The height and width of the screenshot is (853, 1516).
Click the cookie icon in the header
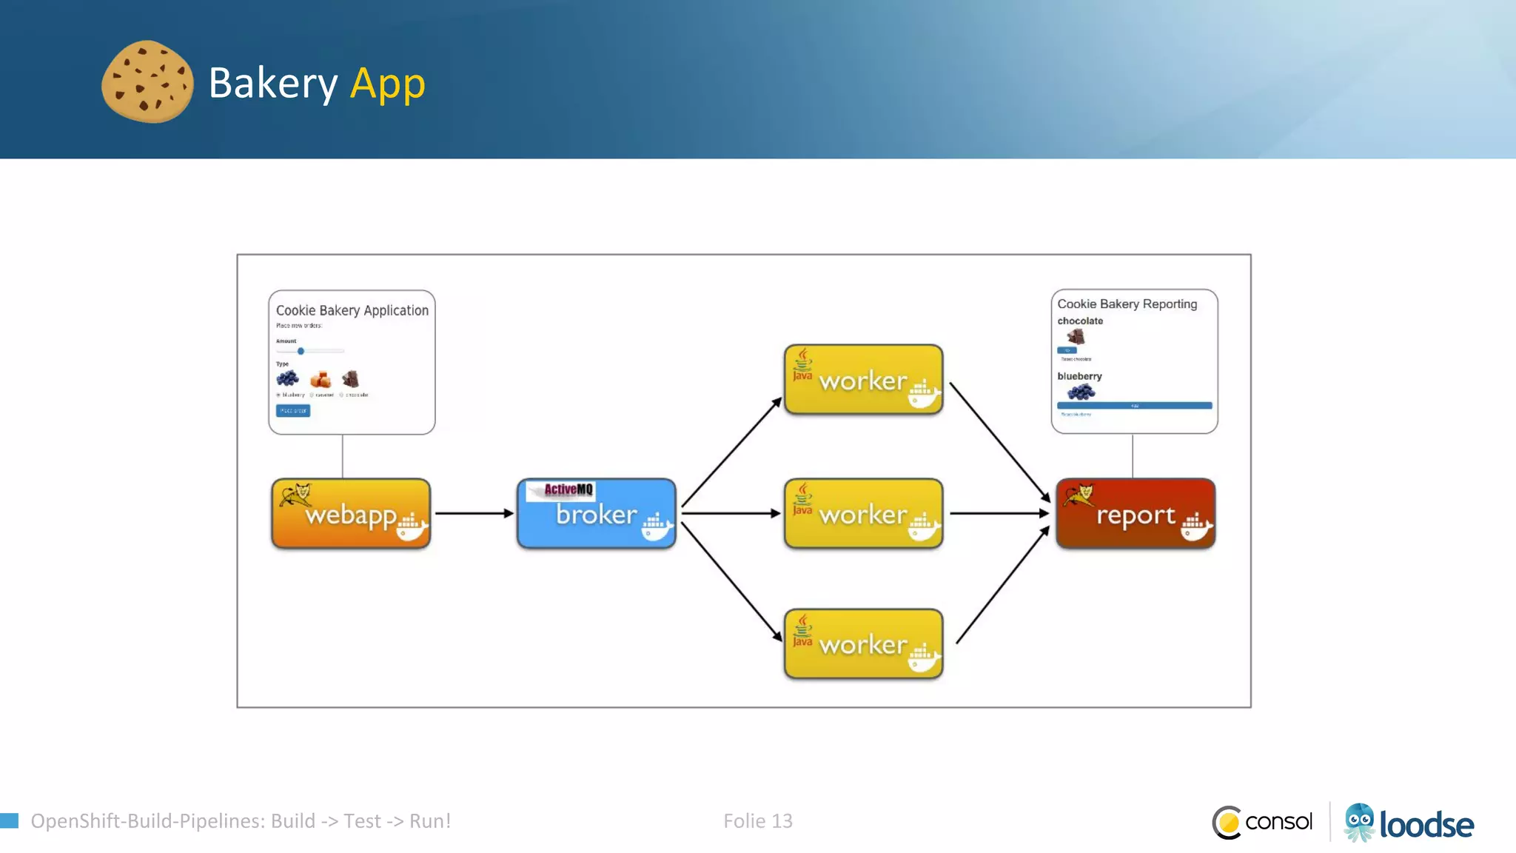(147, 81)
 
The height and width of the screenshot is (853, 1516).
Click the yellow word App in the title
(387, 83)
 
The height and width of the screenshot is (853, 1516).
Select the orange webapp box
(351, 514)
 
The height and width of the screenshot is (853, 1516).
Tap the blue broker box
(597, 514)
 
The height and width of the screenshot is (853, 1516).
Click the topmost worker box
(863, 380)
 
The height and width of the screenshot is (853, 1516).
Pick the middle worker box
(863, 514)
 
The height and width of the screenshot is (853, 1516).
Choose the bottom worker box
(863, 644)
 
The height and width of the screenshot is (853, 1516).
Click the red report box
(1136, 514)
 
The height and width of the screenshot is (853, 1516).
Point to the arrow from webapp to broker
(474, 513)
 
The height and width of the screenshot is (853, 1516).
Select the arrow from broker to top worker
(731, 452)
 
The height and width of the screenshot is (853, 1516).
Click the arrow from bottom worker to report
(1003, 585)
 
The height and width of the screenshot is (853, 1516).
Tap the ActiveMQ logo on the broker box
(567, 489)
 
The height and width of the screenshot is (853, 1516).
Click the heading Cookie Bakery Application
(352, 310)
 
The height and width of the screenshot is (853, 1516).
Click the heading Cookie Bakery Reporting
(1127, 304)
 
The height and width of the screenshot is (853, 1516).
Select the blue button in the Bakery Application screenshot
(293, 410)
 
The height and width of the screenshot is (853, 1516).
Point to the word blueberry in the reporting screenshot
(1079, 376)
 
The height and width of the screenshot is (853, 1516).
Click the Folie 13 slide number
(757, 820)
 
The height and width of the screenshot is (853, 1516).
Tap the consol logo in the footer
(1262, 822)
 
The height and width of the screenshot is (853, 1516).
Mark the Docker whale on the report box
(1195, 527)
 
